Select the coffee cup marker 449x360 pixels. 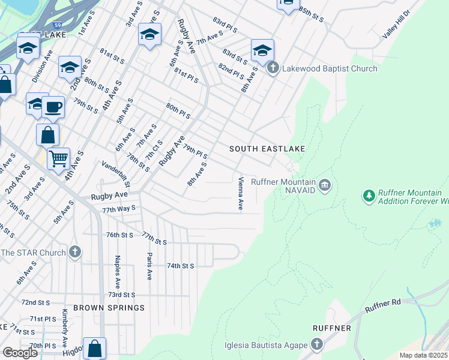53,107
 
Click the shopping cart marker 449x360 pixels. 58,160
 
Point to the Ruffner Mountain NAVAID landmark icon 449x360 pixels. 325,184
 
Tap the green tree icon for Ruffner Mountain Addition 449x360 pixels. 369,196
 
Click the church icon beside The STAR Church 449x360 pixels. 74,252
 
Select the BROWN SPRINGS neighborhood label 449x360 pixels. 109,308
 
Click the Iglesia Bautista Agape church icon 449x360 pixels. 316,344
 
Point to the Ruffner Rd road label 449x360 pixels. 382,307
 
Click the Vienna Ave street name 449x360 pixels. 240,193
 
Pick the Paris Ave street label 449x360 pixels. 149,266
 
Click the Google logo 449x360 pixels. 20,353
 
